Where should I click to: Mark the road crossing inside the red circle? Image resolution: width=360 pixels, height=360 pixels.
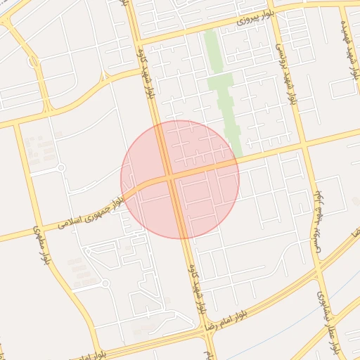pyautogui.click(x=172, y=176)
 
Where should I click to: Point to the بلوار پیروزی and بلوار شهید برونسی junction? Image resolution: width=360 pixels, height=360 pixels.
pyautogui.click(x=271, y=13)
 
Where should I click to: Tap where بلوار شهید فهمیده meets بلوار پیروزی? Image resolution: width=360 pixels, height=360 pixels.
pyautogui.click(x=343, y=5)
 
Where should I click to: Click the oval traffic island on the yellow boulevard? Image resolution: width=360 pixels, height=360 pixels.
pyautogui.click(x=33, y=62)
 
